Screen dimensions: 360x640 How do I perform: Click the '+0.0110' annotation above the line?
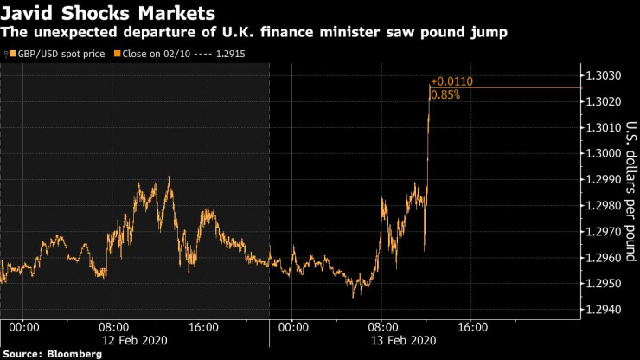click(x=451, y=81)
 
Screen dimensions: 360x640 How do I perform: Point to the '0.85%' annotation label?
click(x=445, y=94)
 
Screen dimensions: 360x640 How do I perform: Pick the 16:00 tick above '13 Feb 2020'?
click(x=471, y=327)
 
